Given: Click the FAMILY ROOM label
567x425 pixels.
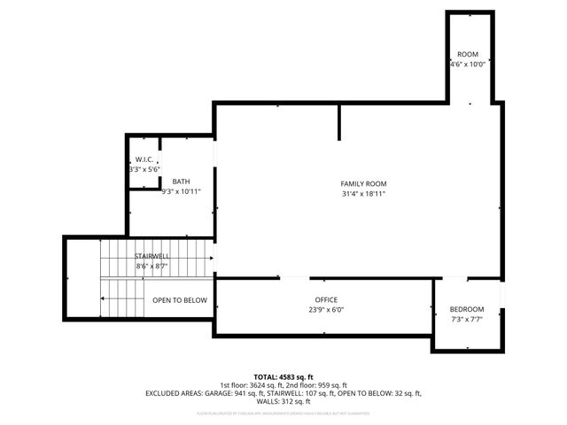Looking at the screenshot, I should tap(363, 183).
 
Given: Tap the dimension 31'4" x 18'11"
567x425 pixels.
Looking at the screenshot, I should tap(363, 194).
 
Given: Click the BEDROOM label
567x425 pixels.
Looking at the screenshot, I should tap(467, 309).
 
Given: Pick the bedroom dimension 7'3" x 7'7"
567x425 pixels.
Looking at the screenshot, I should tap(467, 320).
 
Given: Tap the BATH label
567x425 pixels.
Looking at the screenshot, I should tap(181, 181).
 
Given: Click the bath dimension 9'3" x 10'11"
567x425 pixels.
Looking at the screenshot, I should tap(181, 191).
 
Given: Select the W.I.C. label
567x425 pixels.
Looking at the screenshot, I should tap(145, 159).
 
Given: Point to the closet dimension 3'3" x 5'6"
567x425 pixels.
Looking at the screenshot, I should tap(144, 169).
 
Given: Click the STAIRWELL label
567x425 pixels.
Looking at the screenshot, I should tap(151, 255).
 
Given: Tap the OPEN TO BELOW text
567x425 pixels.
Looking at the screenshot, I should tap(180, 300).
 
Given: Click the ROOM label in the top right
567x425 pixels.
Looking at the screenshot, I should tap(467, 54).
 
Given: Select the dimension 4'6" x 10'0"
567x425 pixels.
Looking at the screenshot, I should tap(467, 64).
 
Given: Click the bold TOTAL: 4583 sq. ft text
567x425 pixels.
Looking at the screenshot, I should tap(283, 376).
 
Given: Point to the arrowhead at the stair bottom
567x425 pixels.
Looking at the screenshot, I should tap(103, 299).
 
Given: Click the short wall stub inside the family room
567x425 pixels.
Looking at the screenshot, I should tap(338, 123).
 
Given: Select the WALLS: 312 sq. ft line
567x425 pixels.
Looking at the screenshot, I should tap(283, 400).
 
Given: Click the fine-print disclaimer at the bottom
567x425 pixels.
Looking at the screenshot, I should tap(283, 413).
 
